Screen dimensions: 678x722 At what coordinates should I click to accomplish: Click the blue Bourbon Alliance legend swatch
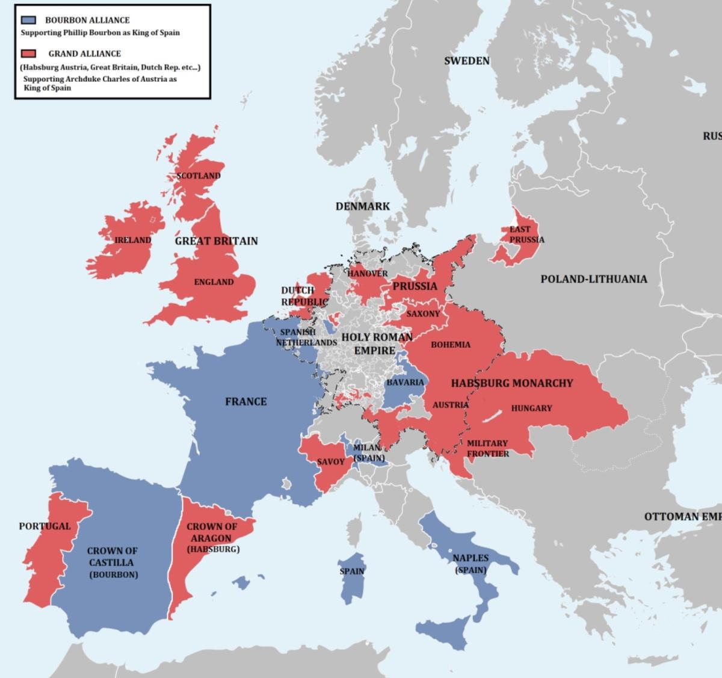click(28, 20)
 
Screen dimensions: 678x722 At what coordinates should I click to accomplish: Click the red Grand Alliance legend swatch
click(28, 54)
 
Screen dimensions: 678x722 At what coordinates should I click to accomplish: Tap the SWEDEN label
click(467, 61)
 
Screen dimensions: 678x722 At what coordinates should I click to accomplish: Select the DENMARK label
click(363, 206)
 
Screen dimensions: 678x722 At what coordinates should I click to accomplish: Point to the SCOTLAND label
click(199, 176)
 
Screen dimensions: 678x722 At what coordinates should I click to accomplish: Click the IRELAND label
click(133, 240)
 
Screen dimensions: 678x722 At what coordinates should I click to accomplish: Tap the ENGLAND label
click(214, 282)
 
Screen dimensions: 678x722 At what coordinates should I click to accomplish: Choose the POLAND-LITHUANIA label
click(593, 279)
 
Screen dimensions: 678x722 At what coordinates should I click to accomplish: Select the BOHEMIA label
click(451, 345)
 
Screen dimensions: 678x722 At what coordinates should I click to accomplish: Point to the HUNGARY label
click(531, 408)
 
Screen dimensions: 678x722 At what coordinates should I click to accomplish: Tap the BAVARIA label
click(405, 382)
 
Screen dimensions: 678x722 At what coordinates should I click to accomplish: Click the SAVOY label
click(331, 461)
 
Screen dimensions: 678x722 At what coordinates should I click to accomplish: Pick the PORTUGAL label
click(45, 526)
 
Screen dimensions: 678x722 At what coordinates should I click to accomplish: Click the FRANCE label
click(246, 401)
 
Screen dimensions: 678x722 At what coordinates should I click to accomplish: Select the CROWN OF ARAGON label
click(212, 532)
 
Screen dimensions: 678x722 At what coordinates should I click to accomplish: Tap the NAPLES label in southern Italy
click(471, 558)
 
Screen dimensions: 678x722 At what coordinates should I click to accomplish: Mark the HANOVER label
click(368, 273)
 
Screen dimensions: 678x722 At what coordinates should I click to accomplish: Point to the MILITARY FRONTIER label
click(487, 448)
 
